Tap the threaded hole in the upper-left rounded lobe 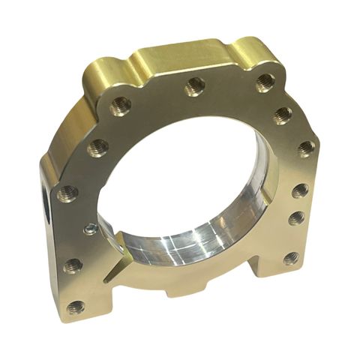tap(121, 106)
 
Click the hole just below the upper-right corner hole tap(283, 114)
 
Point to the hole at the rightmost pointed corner tap(306, 147)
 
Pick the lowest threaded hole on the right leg tap(291, 258)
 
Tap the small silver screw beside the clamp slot tap(91, 229)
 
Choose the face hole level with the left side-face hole tap(67, 193)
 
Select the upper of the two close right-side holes tap(299, 190)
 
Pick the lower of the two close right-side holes tap(296, 218)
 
